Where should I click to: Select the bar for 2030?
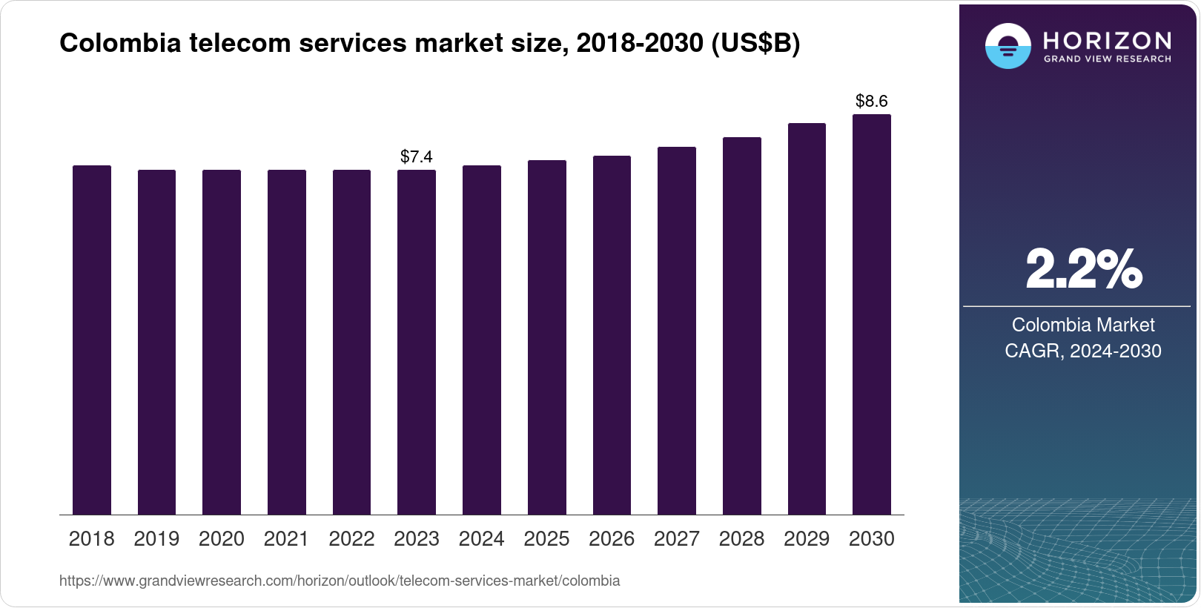(872, 314)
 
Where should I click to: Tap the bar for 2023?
(417, 342)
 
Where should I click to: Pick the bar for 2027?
(677, 331)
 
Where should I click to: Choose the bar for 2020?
(222, 342)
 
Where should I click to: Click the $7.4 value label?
(417, 156)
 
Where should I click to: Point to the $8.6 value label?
(872, 101)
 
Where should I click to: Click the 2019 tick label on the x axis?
(156, 539)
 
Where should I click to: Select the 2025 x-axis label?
(546, 539)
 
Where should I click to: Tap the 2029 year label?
(807, 539)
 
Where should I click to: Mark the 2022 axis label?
(351, 539)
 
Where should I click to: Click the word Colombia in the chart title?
(120, 43)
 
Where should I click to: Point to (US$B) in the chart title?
(755, 43)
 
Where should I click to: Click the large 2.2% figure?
(1083, 269)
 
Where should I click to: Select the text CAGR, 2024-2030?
(1083, 351)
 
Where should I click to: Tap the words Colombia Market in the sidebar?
(1083, 325)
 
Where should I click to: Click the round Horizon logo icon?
(1008, 46)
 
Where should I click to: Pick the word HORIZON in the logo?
(1108, 40)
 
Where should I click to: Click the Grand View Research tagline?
(1108, 59)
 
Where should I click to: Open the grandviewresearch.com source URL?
(340, 581)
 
